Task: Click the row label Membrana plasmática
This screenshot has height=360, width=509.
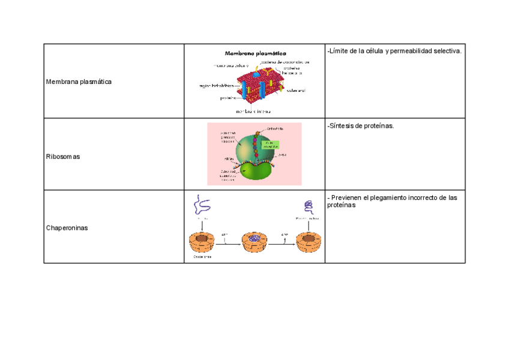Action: (x=79, y=81)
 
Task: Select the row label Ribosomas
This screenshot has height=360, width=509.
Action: (x=63, y=156)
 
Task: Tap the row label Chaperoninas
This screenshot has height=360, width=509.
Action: (x=67, y=227)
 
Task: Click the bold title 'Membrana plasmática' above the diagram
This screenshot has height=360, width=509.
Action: (x=255, y=52)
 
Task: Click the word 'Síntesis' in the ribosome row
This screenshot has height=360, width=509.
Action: (x=344, y=126)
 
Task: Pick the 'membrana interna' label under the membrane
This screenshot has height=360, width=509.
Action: (x=253, y=111)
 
